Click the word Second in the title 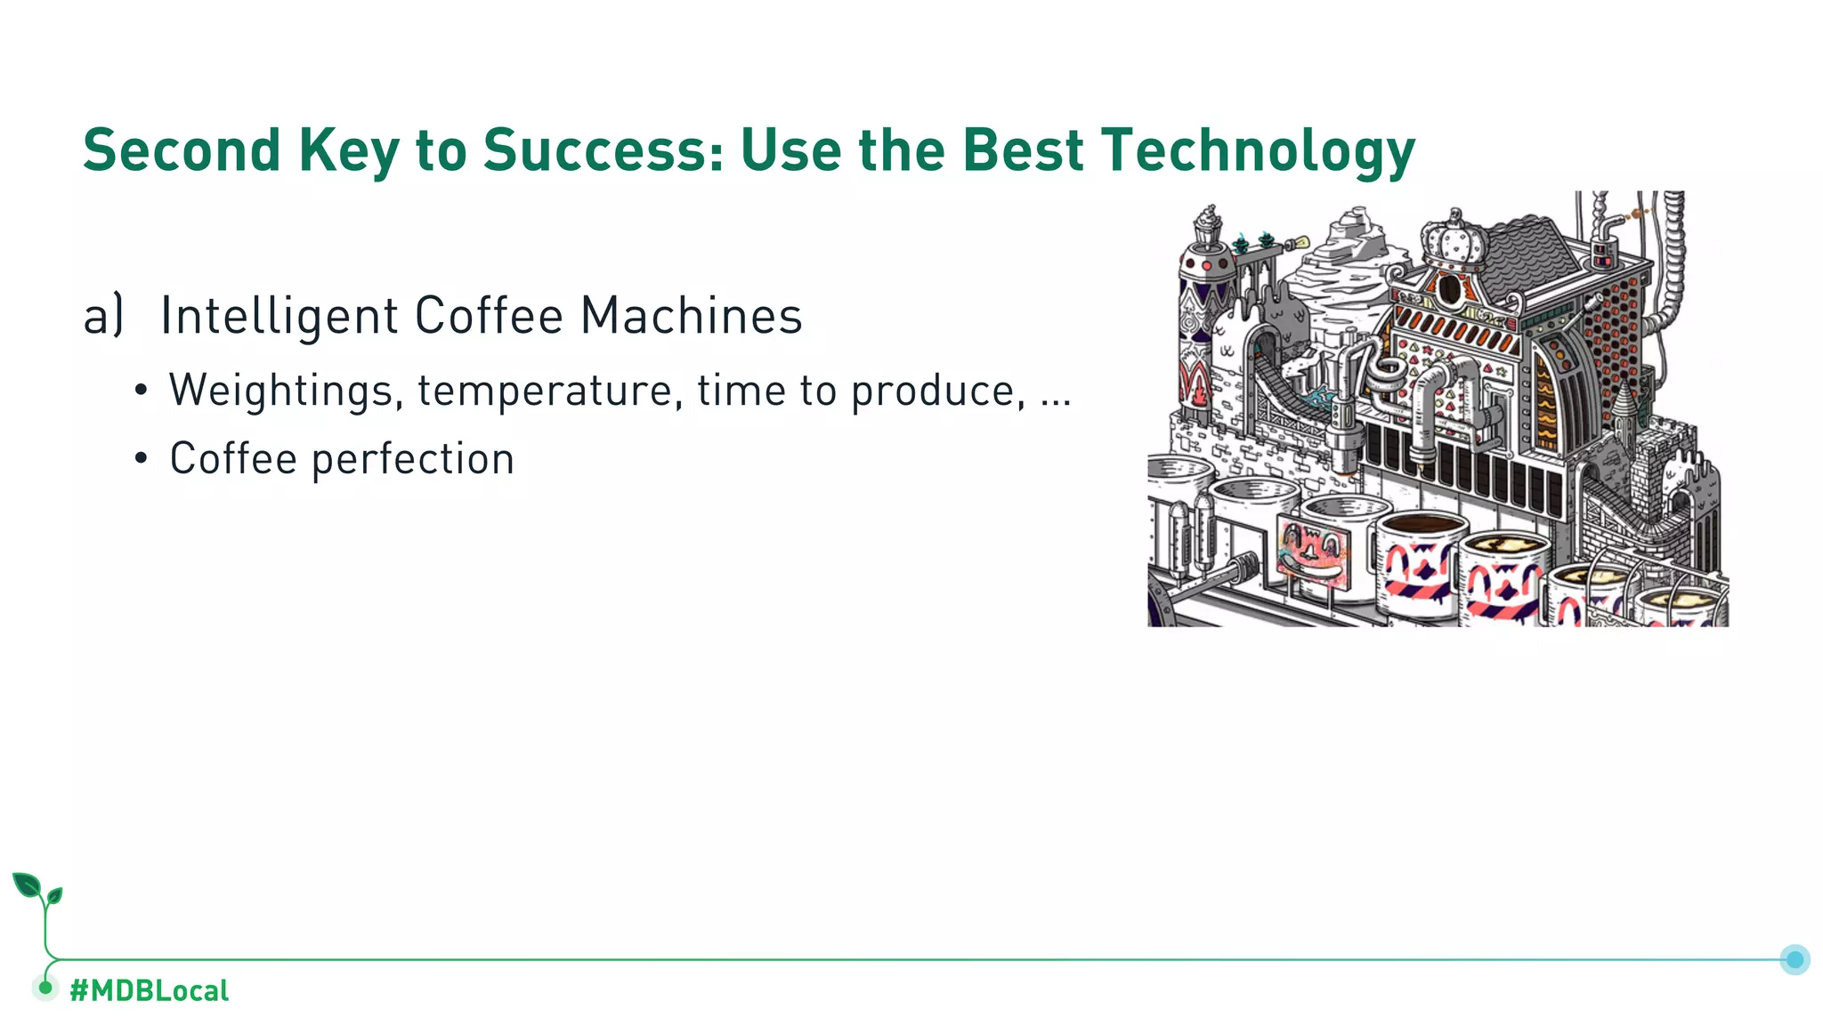(182, 149)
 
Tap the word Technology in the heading (1257, 149)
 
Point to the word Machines (691, 316)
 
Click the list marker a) (103, 316)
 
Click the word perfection (413, 459)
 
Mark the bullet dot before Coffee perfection (141, 459)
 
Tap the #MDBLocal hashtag (149, 990)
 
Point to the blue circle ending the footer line (1795, 959)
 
